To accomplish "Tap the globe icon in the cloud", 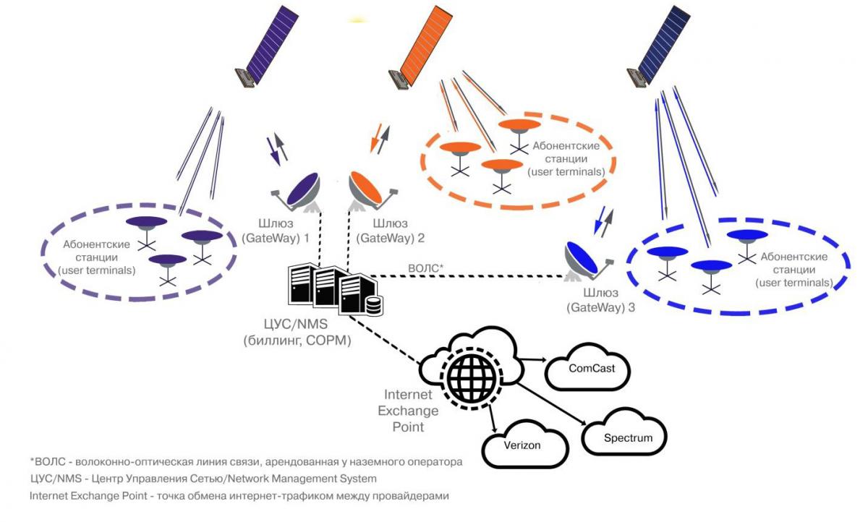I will click(470, 374).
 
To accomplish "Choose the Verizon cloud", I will click(522, 445).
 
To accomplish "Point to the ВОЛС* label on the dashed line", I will click(425, 268).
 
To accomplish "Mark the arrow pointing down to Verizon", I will click(492, 418).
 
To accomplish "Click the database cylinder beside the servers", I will click(374, 305).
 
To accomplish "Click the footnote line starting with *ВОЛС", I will click(246, 461).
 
